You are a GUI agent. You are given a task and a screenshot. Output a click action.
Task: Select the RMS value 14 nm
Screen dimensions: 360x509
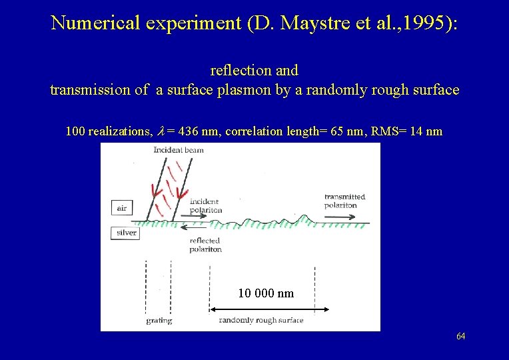(425, 131)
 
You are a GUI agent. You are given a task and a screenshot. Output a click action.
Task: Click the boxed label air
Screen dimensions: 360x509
(121, 207)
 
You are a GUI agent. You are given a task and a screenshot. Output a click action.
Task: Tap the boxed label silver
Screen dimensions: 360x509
(127, 233)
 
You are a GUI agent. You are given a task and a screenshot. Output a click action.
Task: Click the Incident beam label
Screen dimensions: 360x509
(178, 150)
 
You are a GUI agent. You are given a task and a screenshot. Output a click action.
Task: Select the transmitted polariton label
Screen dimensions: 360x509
(344, 201)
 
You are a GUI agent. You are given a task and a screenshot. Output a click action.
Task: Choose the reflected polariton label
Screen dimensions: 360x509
(205, 245)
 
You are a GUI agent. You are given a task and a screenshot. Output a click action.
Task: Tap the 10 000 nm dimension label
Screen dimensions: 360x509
(266, 293)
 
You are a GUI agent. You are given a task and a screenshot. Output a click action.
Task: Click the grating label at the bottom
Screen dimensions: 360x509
(159, 321)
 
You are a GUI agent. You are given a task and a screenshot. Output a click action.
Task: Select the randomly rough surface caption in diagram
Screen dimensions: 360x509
(261, 321)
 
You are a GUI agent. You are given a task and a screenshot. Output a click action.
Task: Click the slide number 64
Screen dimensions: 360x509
(460, 336)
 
